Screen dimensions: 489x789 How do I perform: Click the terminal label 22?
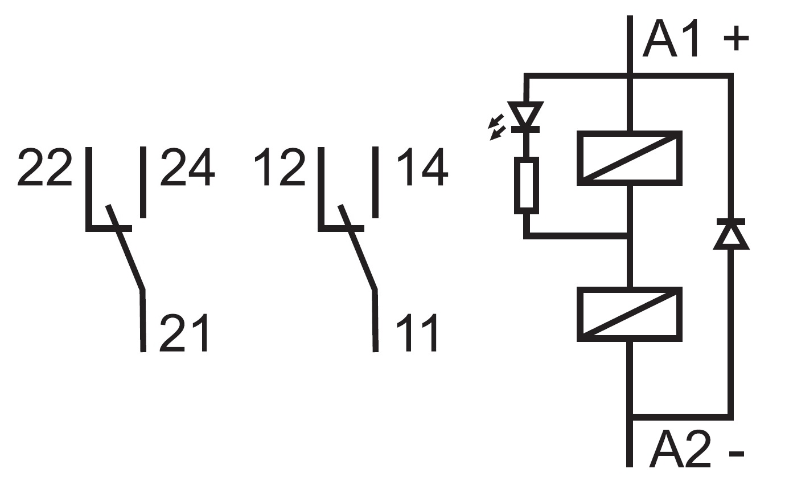(45, 168)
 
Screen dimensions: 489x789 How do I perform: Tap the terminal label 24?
(187, 168)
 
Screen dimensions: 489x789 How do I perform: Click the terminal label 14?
(422, 168)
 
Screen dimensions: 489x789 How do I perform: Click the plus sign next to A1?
(735, 40)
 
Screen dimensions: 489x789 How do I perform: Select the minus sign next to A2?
(736, 454)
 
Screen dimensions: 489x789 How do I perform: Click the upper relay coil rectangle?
(629, 158)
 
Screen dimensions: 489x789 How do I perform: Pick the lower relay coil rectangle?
(629, 314)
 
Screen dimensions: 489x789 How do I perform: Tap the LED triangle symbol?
(527, 115)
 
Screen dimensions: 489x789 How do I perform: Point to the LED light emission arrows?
(498, 127)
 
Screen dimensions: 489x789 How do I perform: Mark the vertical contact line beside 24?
(143, 182)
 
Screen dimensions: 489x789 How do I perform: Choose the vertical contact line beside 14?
(375, 182)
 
